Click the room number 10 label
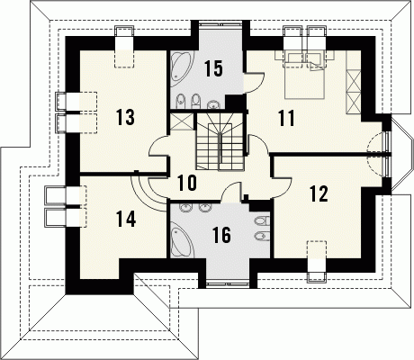pyautogui.click(x=187, y=183)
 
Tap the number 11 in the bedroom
pyautogui.click(x=286, y=118)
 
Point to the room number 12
pyautogui.click(x=319, y=193)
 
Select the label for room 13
pyautogui.click(x=126, y=117)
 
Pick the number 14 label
pyautogui.click(x=126, y=219)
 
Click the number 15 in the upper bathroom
pyautogui.click(x=214, y=68)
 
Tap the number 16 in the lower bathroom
pyautogui.click(x=222, y=235)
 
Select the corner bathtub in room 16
pyautogui.click(x=182, y=242)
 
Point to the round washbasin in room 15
pyautogui.click(x=213, y=104)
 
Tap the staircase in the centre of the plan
pyautogui.click(x=220, y=141)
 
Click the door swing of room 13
pyautogui.click(x=159, y=146)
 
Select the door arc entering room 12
pyautogui.click(x=282, y=188)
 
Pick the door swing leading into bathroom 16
pyautogui.click(x=231, y=192)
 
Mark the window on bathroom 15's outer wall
pyautogui.click(x=220, y=22)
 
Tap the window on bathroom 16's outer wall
pyautogui.click(x=228, y=284)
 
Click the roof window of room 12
pyautogui.click(x=316, y=261)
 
